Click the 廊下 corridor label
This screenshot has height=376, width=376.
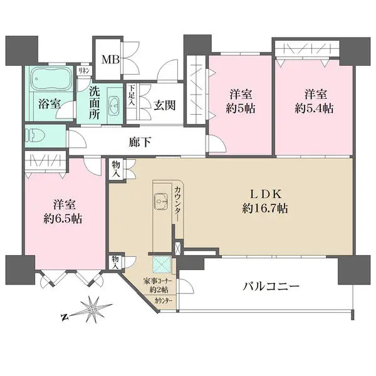click(140, 142)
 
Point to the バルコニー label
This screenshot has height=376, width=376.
click(271, 288)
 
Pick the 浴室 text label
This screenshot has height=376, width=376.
click(49, 104)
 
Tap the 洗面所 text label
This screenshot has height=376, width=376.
click(95, 104)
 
